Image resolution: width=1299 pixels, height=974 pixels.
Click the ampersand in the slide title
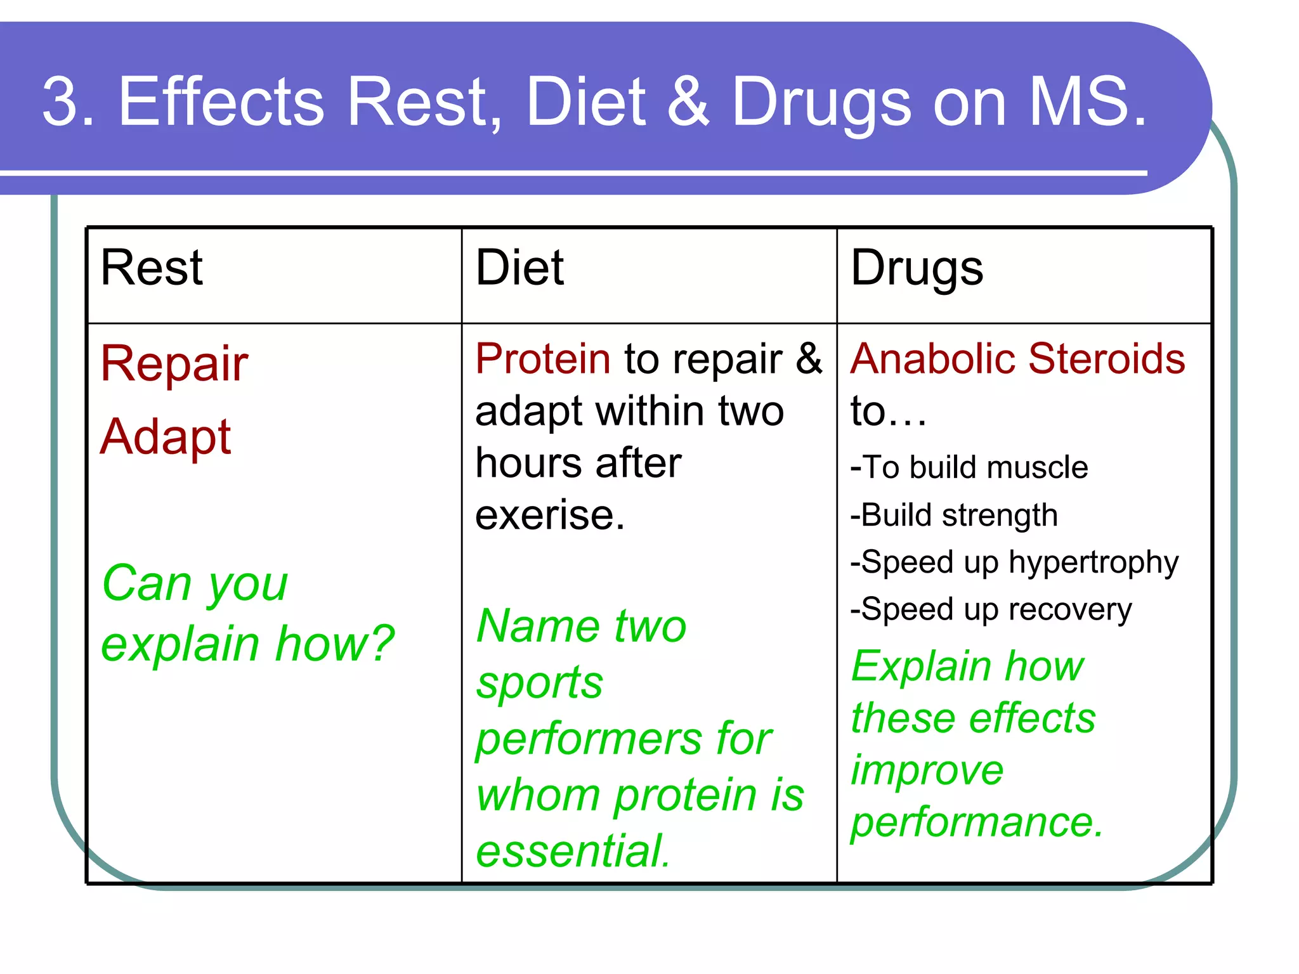688,101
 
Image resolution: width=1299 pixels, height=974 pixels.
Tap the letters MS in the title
1078,101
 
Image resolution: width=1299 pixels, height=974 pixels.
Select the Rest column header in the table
152,268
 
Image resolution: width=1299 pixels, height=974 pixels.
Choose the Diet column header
519,268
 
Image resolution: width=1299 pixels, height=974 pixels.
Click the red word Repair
174,365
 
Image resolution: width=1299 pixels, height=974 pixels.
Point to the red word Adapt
166,438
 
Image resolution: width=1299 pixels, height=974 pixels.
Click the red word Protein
543,359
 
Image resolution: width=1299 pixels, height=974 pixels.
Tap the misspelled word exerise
549,515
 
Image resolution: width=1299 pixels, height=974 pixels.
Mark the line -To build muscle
969,467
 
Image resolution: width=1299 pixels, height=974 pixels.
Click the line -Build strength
954,515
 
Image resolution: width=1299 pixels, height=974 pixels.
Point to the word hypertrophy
1093,563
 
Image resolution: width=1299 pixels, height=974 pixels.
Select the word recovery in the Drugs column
1070,610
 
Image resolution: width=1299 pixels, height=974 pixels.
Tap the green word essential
572,851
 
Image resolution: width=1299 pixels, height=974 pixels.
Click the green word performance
977,822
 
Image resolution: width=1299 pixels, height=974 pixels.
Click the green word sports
540,684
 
